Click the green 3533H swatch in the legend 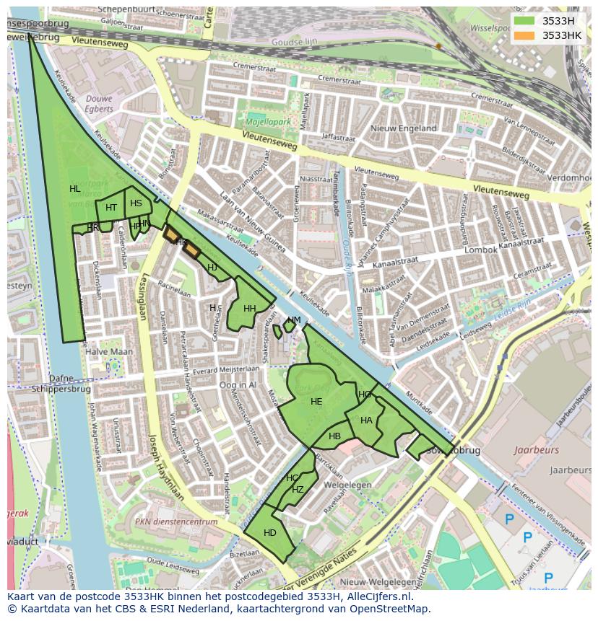pyautogui.click(x=525, y=20)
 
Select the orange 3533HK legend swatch pyautogui.click(x=525, y=35)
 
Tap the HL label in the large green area pyautogui.click(x=75, y=189)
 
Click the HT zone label pyautogui.click(x=111, y=208)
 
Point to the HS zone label pyautogui.click(x=136, y=203)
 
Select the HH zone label pyautogui.click(x=250, y=309)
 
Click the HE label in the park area pyautogui.click(x=316, y=402)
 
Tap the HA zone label pyautogui.click(x=366, y=420)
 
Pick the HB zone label pyautogui.click(x=334, y=436)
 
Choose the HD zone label pyautogui.click(x=270, y=533)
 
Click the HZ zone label pyautogui.click(x=298, y=489)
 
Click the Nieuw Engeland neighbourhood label pyautogui.click(x=403, y=128)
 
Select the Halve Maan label pyautogui.click(x=109, y=351)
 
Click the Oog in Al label pyautogui.click(x=238, y=385)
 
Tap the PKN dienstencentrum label pyautogui.click(x=177, y=521)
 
